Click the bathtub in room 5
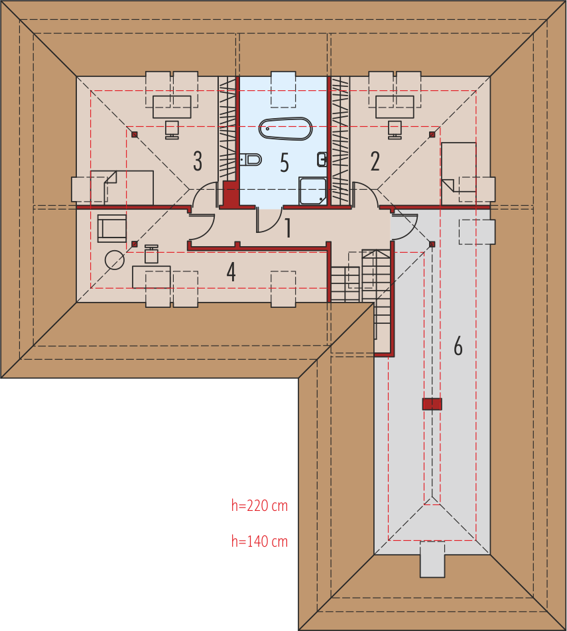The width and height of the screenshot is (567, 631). tap(285, 129)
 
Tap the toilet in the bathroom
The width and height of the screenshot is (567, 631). tap(251, 160)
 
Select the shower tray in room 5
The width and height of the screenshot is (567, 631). tap(312, 191)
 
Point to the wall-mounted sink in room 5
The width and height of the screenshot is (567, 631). tap(322, 160)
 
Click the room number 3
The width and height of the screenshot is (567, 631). tap(198, 161)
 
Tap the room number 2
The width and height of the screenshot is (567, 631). tap(375, 161)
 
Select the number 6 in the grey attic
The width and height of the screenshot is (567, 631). tap(458, 346)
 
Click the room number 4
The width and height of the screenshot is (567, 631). tap(231, 272)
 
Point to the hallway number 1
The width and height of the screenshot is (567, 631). tap(288, 228)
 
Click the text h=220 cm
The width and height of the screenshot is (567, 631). tap(259, 506)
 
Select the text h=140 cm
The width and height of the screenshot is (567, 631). tap(259, 541)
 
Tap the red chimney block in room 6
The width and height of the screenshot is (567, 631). tap(432, 404)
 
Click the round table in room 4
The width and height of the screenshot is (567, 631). tap(115, 260)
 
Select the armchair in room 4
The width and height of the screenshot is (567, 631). tap(112, 228)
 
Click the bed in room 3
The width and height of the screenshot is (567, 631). tap(122, 188)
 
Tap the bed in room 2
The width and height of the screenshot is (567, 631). tap(459, 174)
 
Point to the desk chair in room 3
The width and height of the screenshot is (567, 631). tap(172, 130)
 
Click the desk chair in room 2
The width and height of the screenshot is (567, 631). tap(395, 130)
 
